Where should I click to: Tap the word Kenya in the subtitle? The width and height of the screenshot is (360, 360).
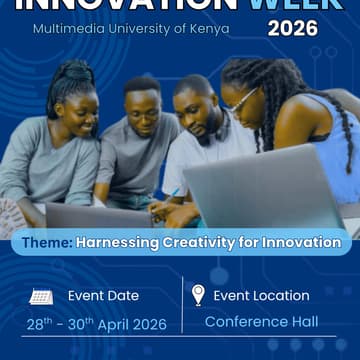pos(207,28)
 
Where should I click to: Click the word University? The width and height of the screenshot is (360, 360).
pos(137,28)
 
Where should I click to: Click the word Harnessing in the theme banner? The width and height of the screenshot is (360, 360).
pos(116,242)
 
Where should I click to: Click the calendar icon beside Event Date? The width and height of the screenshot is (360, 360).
pos(41,296)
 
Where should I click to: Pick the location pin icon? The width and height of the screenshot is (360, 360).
pos(198,295)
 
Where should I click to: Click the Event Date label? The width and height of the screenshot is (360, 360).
pos(103,296)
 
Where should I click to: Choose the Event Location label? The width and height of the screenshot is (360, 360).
pos(262,296)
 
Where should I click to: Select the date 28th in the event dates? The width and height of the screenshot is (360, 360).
pos(39,323)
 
